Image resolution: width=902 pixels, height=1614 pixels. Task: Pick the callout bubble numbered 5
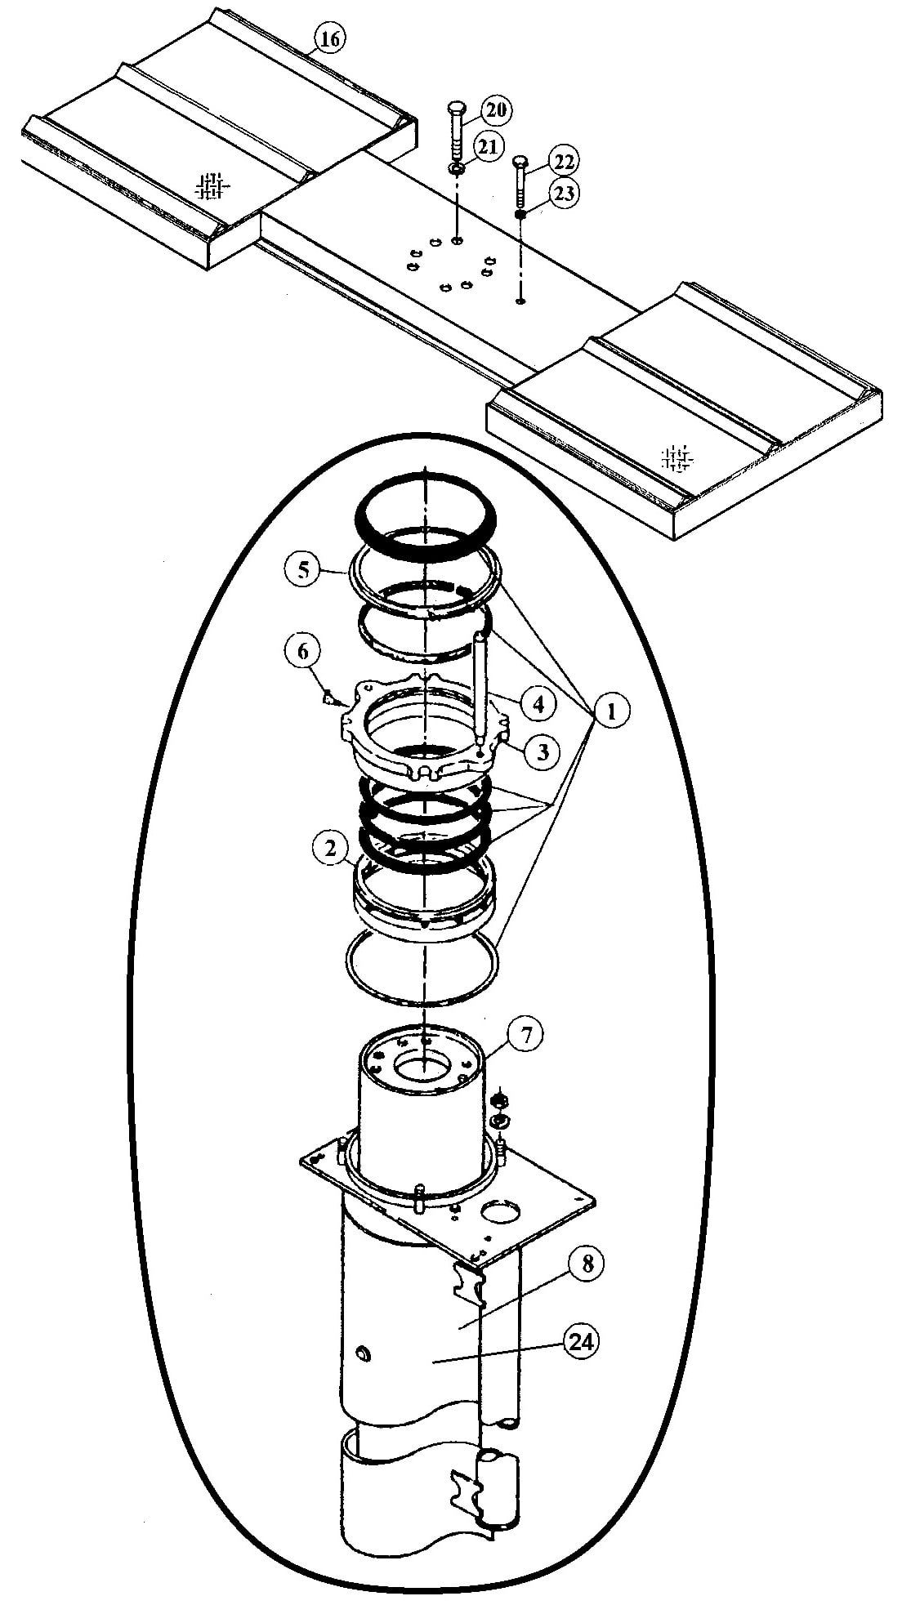(x=303, y=569)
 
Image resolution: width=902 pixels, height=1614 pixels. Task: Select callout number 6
(x=303, y=651)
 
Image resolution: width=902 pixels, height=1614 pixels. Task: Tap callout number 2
(x=330, y=849)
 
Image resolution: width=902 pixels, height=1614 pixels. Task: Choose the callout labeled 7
(x=525, y=1036)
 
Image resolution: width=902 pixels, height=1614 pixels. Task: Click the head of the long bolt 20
(x=457, y=109)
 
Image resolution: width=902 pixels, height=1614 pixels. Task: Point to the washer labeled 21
(x=457, y=169)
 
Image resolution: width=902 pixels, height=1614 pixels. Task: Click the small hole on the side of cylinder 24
(x=362, y=1355)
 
